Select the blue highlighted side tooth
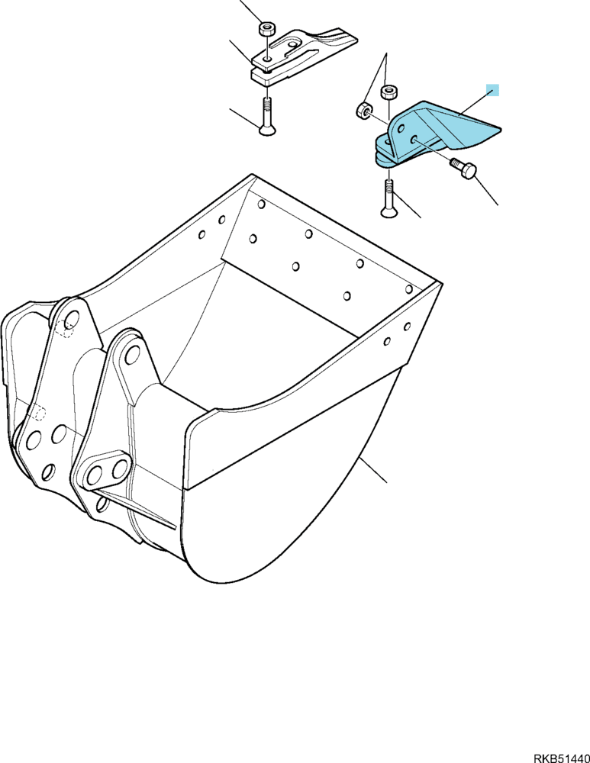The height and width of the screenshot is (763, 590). click(x=428, y=134)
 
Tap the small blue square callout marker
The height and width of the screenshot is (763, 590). click(x=492, y=89)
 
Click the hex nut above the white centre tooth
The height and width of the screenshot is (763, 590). click(x=266, y=28)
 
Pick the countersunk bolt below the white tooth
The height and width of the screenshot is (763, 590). click(x=267, y=117)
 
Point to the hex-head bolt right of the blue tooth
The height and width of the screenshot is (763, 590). click(x=463, y=169)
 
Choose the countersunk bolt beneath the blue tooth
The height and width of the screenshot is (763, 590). click(x=388, y=198)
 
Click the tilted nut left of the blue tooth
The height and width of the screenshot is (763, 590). click(x=363, y=111)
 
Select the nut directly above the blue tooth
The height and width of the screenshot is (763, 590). click(x=389, y=92)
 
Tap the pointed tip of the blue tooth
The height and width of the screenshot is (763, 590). click(x=501, y=130)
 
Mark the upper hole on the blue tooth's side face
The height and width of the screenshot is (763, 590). click(x=400, y=128)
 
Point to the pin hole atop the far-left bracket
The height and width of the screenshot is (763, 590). click(x=71, y=320)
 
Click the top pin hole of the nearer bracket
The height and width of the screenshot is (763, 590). click(x=132, y=356)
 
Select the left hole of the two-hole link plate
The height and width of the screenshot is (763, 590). click(x=96, y=475)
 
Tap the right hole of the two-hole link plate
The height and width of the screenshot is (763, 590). click(x=118, y=469)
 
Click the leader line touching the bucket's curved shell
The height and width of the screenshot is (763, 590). click(x=373, y=470)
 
